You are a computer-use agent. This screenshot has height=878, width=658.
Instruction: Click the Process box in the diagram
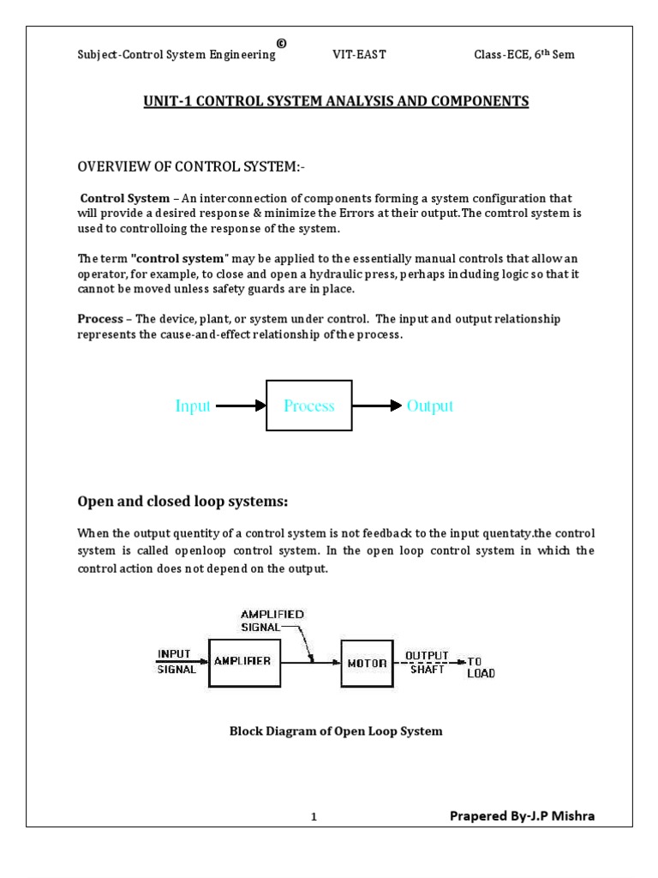(x=309, y=406)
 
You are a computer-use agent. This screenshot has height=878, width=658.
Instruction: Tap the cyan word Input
(x=193, y=406)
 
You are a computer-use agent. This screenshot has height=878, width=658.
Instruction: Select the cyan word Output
(x=430, y=406)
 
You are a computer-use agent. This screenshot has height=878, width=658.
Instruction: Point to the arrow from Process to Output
(x=377, y=406)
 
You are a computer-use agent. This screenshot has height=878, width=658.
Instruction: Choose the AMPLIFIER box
(x=243, y=661)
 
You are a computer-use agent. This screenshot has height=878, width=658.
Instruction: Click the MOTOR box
(x=366, y=663)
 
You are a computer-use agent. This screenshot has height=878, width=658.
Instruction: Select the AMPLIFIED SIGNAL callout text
(x=272, y=621)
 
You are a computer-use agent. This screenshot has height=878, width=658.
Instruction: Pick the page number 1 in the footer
(x=314, y=818)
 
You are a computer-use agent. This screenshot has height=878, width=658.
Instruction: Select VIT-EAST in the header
(x=359, y=55)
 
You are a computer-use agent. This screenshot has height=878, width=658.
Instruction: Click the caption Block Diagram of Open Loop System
(x=336, y=731)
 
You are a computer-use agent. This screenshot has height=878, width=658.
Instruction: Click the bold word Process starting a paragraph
(x=100, y=319)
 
